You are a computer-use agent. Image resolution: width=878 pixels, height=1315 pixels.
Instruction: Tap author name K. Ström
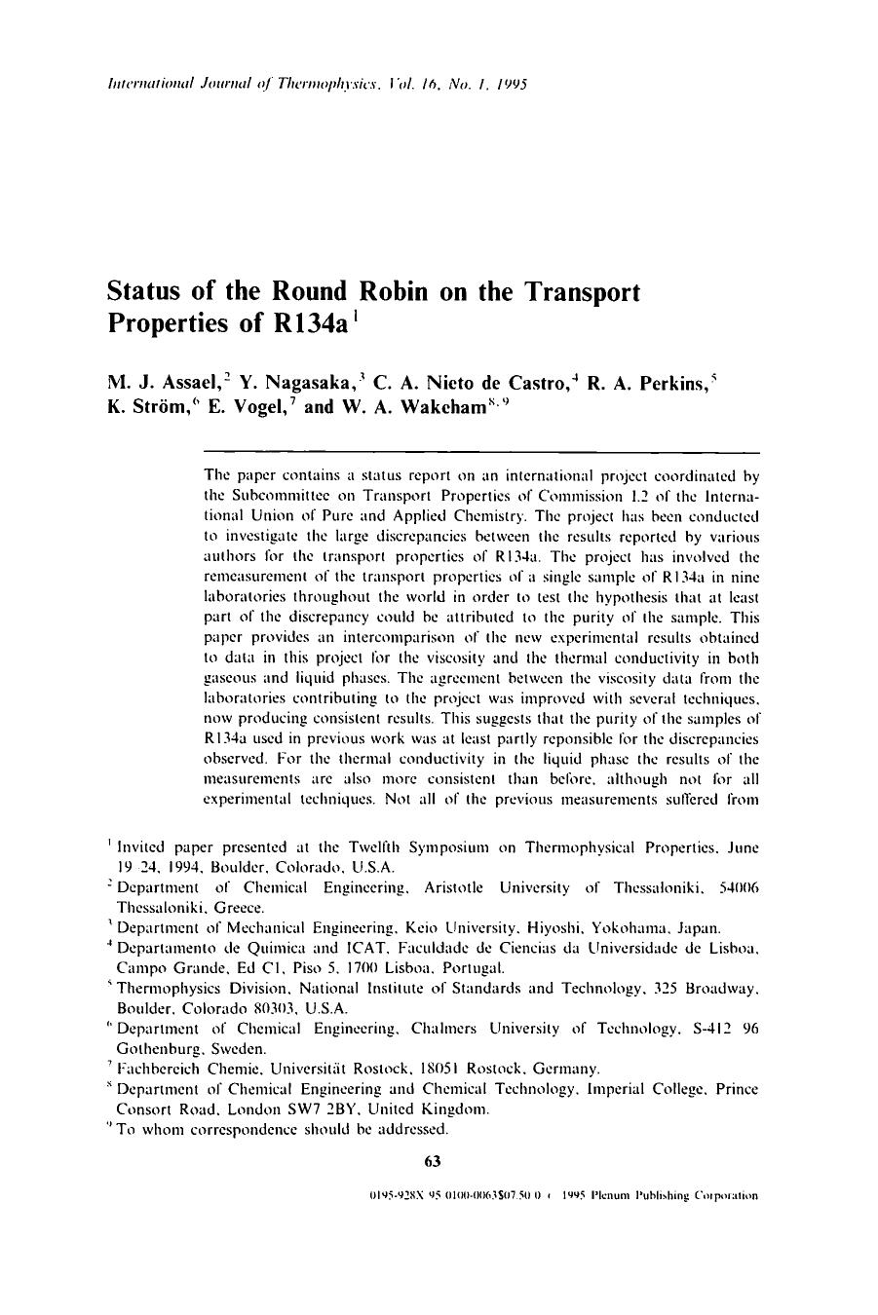tap(145, 407)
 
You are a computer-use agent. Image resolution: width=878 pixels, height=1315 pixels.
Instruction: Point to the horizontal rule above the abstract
tap(480, 452)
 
